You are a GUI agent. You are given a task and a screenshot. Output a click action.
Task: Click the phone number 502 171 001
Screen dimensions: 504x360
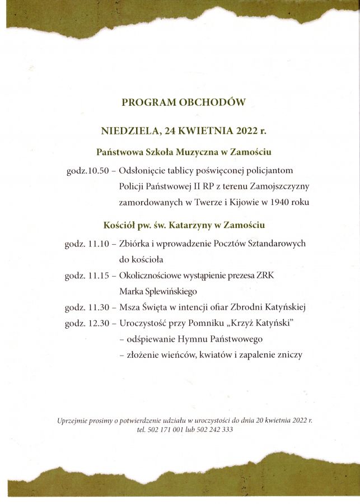point(169,430)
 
